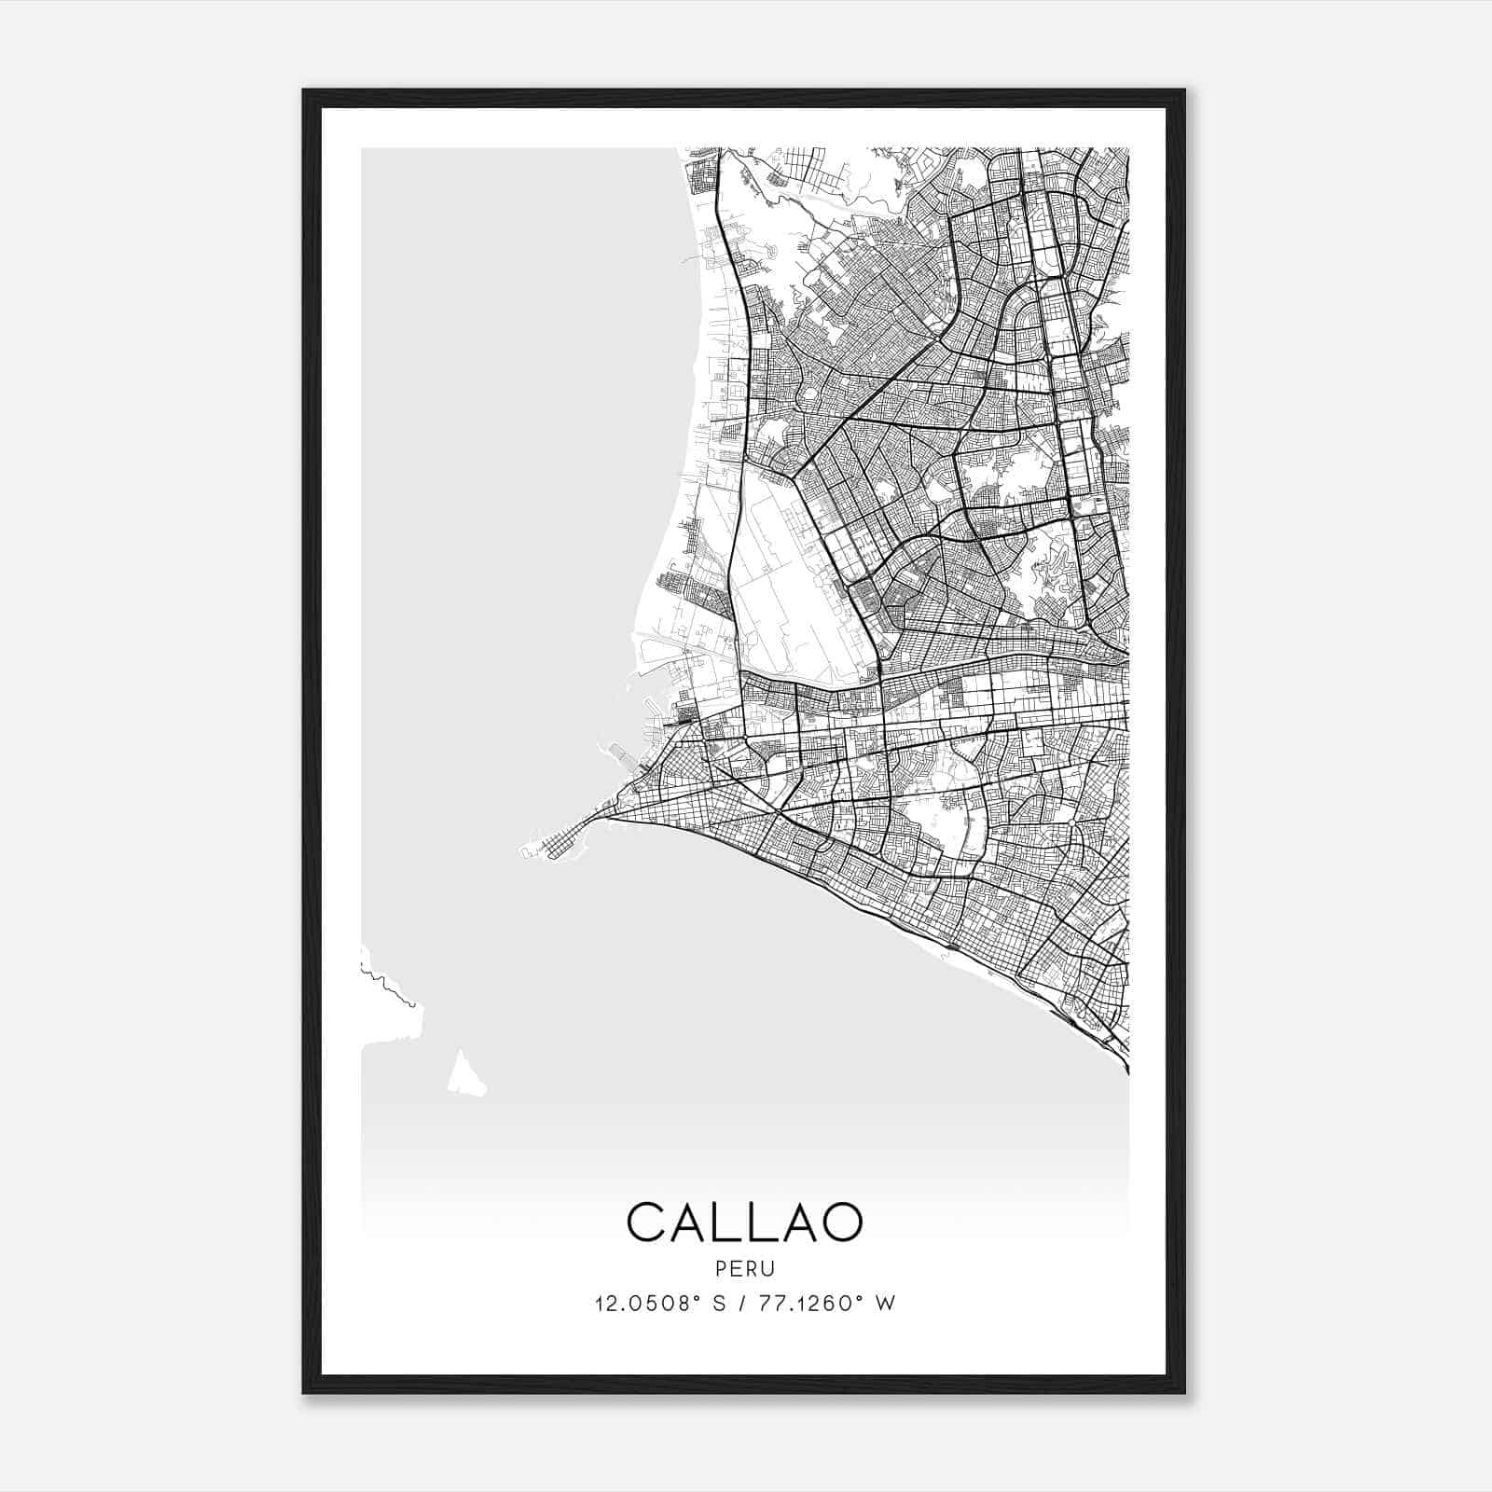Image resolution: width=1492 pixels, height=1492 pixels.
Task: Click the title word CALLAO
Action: [745, 1222]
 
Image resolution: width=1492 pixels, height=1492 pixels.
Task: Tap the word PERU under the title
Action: [745, 1269]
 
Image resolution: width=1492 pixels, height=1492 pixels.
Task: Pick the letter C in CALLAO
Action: [647, 1222]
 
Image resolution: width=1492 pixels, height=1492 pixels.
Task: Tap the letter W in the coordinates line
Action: [886, 1304]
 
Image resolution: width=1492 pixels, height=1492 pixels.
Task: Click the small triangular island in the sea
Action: [464, 1075]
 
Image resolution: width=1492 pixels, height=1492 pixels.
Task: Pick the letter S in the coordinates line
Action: [719, 1304]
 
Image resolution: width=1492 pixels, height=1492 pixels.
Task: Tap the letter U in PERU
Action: [769, 1269]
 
